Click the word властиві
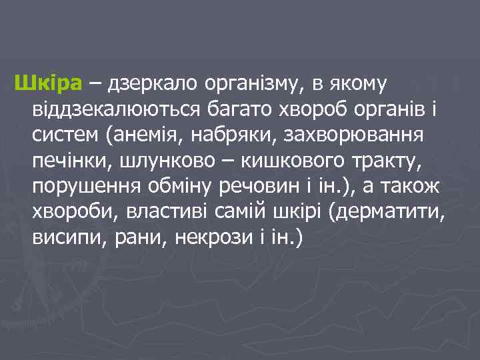tap(172, 211)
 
